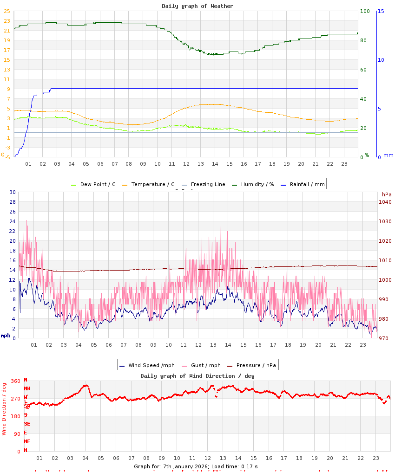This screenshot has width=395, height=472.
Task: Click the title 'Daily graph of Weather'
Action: [197, 6]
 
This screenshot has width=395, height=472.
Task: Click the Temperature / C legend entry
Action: [152, 184]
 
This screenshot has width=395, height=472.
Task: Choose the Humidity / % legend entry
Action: [254, 184]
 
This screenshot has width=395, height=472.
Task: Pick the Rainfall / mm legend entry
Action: [306, 184]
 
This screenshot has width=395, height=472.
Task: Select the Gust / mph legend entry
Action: [205, 365]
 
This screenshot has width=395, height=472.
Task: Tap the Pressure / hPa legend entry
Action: [256, 365]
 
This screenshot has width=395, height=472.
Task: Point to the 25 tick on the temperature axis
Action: [7, 11]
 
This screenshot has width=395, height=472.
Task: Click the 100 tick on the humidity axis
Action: [365, 11]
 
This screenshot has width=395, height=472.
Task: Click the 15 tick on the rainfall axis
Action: [381, 11]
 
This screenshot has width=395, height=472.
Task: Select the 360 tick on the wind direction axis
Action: [16, 381]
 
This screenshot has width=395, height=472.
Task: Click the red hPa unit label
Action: [387, 194]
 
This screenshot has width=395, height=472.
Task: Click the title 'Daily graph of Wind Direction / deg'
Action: [197, 375]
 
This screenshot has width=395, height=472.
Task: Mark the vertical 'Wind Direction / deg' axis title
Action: [4, 408]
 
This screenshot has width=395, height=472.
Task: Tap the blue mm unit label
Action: [388, 155]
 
